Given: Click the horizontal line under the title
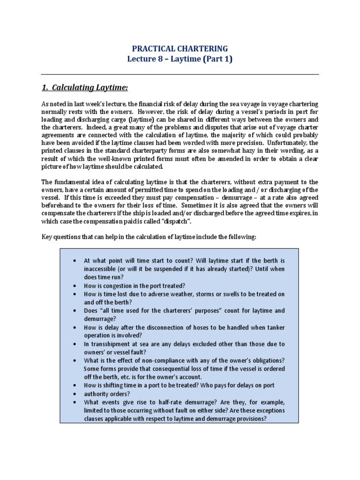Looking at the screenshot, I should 180,74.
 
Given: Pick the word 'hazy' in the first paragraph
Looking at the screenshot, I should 235,151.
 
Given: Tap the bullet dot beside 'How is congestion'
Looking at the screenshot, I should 75,285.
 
